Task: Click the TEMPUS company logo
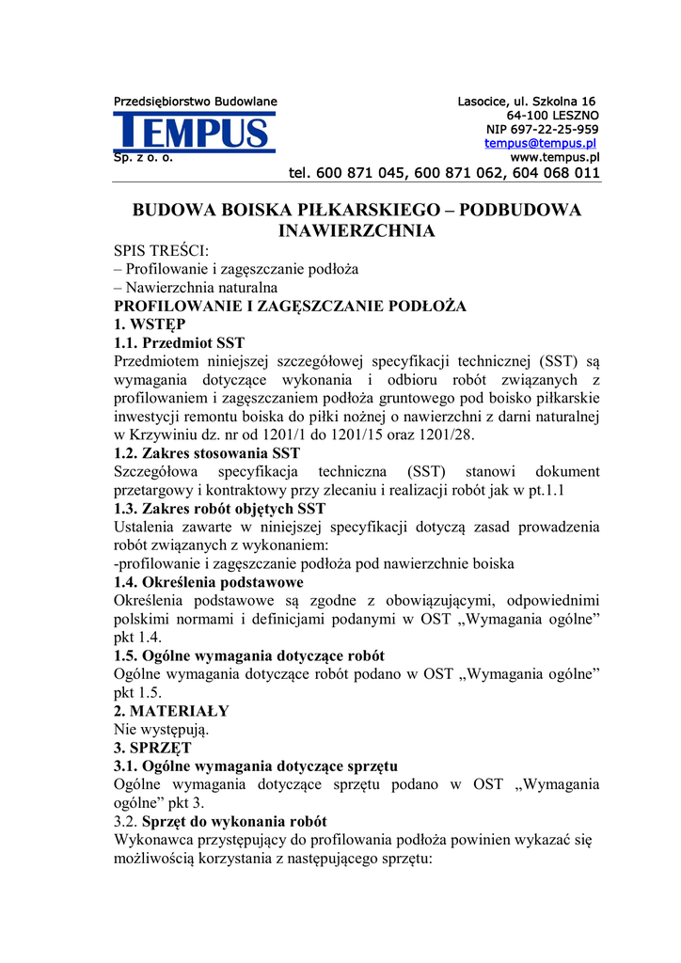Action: point(195,132)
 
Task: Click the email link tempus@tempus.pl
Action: point(541,144)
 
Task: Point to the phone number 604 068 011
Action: point(556,173)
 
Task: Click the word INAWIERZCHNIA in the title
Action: point(356,230)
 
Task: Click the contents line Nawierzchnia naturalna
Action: point(196,288)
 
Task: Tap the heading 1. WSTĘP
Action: point(150,324)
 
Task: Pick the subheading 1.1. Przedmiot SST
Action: point(179,343)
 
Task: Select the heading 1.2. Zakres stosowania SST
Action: point(207,453)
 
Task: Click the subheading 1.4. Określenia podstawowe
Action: point(209,582)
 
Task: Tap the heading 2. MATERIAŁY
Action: point(171,711)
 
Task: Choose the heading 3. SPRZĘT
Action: point(152,748)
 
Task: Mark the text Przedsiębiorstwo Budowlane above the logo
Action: point(195,102)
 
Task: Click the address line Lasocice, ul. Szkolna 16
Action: point(527,102)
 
